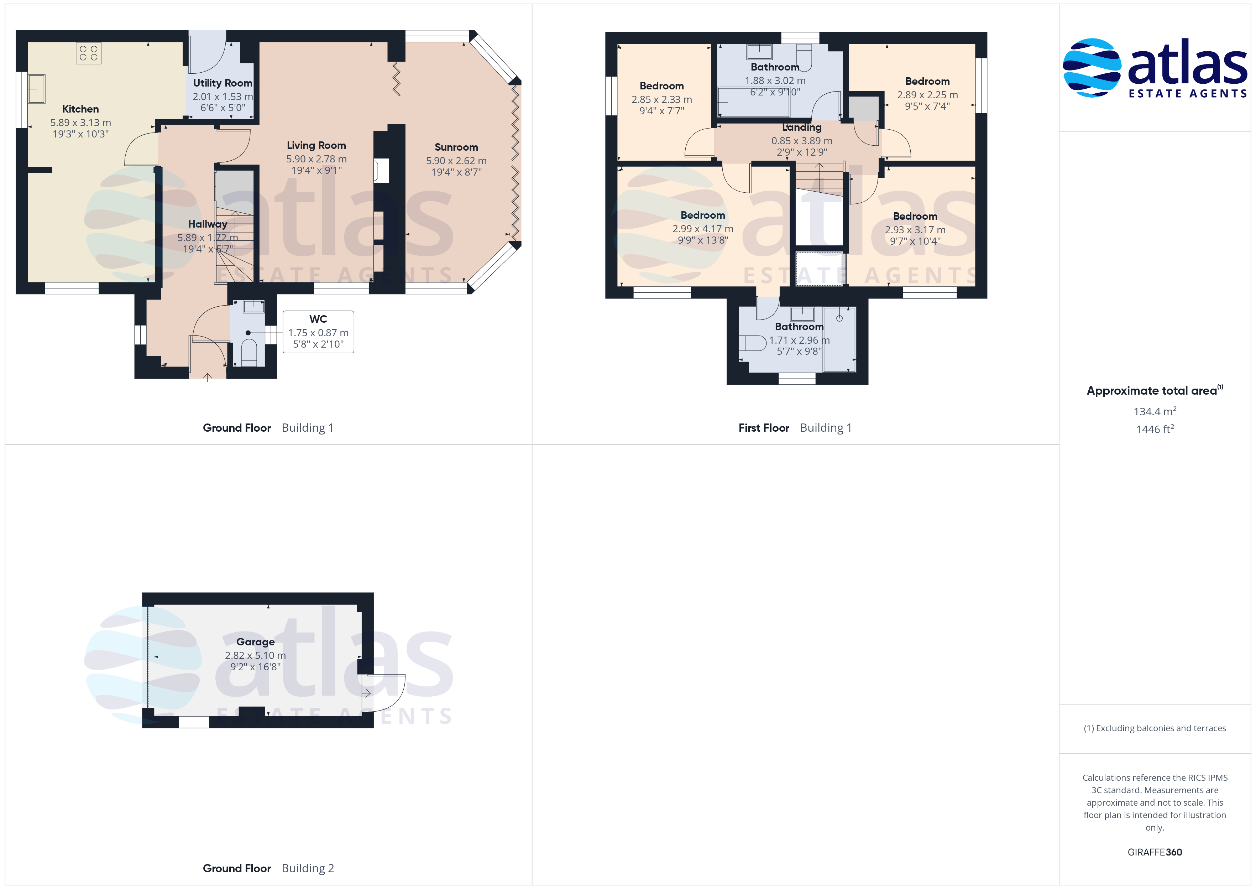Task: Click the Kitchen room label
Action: tap(80, 109)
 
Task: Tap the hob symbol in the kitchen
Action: tap(89, 53)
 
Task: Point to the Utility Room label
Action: tap(223, 83)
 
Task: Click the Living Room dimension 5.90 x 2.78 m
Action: tap(316, 159)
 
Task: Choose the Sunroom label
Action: tap(456, 147)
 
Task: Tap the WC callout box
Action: tap(318, 332)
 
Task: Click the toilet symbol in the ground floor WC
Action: tap(249, 353)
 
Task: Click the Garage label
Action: tap(256, 641)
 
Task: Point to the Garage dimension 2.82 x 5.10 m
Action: tap(256, 655)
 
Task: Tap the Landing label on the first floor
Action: tap(802, 127)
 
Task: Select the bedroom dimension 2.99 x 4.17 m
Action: tap(703, 229)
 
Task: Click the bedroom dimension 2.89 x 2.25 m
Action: tap(927, 95)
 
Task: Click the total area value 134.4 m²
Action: tap(1155, 411)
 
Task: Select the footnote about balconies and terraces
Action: tap(1155, 728)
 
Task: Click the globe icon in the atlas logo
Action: tap(1092, 67)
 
